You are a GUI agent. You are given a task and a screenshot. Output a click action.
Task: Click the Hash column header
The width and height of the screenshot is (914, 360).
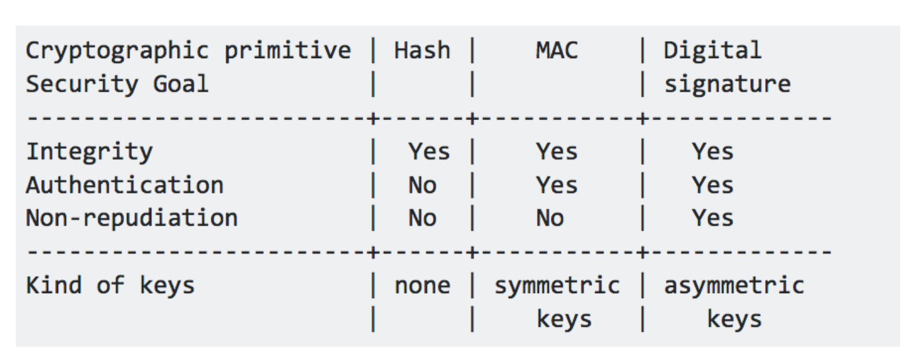coord(422,51)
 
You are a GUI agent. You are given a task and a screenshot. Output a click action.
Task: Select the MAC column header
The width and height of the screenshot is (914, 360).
coord(556,51)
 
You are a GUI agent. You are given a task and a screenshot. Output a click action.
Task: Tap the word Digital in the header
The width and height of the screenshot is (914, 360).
coord(713,51)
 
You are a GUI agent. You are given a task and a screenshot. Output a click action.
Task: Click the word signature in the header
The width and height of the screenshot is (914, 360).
coord(727,84)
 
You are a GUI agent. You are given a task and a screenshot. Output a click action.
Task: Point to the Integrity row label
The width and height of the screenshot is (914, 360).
coord(89,152)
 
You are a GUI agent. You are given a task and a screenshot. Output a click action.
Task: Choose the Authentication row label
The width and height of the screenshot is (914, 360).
coord(124,185)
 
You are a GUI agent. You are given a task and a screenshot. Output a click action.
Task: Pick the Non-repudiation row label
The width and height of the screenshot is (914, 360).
coord(132,218)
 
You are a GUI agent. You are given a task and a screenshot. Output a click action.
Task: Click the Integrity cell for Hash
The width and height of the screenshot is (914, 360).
coord(429,152)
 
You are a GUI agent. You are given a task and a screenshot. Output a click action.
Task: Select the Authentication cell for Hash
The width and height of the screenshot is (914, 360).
coord(422,185)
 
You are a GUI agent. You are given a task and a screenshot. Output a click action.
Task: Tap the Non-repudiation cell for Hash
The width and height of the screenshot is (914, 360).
coord(422,218)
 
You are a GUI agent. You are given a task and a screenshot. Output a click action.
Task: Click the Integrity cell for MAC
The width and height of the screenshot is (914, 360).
coord(556,152)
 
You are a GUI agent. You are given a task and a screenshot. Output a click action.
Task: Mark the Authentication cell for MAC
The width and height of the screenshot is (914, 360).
coord(556,185)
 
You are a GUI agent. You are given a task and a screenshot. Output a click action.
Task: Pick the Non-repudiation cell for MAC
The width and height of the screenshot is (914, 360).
coord(550,218)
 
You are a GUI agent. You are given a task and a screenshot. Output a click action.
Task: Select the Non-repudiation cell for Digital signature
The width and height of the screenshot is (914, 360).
coord(712,218)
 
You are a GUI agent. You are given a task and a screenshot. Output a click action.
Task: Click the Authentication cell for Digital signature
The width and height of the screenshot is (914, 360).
coord(712,185)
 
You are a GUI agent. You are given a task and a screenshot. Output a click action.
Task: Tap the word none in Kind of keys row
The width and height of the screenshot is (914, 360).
coord(422,286)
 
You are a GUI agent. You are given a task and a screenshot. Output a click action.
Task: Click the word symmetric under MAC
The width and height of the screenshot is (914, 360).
coord(557,286)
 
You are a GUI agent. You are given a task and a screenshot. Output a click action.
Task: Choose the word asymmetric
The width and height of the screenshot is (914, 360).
coord(734,286)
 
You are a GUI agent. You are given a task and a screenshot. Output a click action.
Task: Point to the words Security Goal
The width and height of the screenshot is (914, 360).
coord(118,84)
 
